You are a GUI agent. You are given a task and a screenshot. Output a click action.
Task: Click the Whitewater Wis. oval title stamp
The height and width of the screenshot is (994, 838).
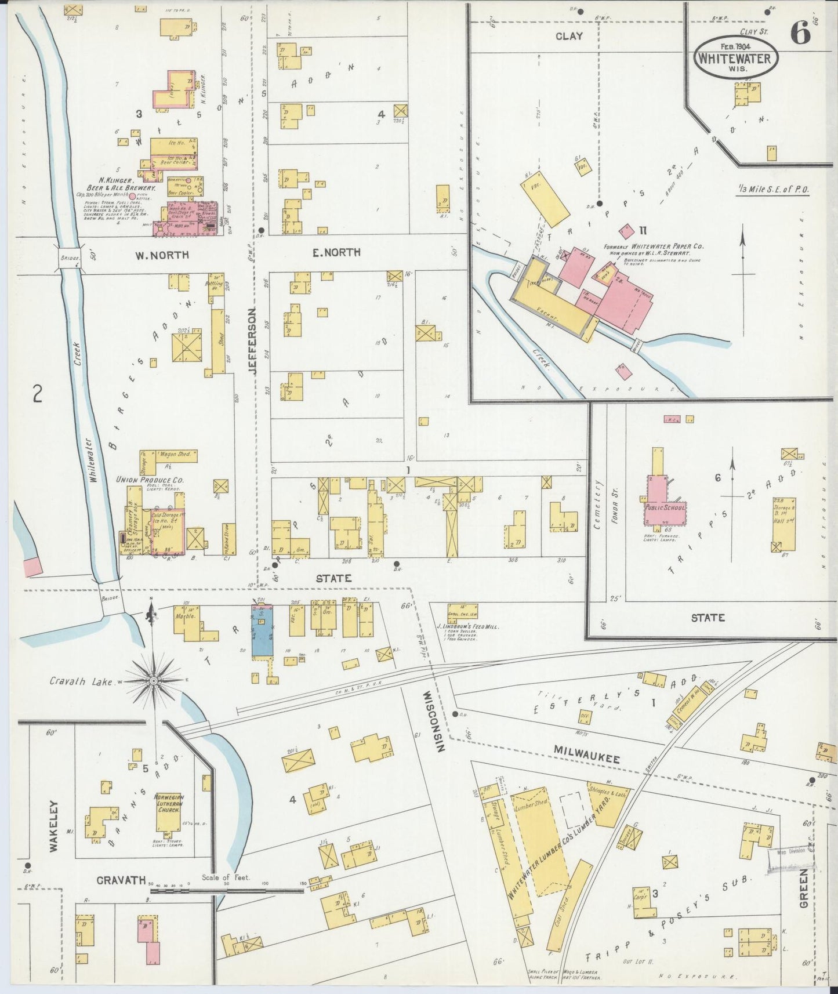735,58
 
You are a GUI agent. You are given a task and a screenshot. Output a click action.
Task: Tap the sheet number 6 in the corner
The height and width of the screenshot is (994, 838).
800,34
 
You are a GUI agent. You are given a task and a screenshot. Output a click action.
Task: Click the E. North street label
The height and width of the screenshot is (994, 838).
337,252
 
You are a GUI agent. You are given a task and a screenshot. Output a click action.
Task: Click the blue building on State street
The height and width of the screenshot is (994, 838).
262,632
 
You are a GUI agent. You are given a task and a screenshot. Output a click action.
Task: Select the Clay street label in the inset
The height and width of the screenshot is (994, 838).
568,36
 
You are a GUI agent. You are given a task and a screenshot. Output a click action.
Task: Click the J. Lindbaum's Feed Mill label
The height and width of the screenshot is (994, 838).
467,626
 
